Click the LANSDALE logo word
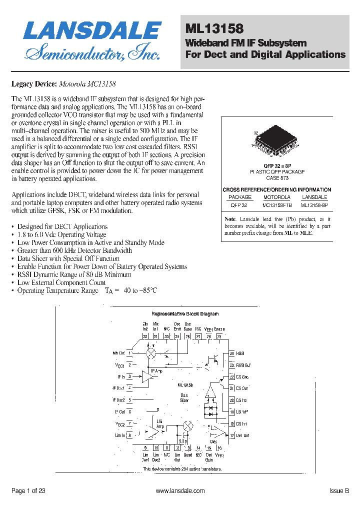point(92,31)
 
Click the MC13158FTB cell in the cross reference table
point(276,204)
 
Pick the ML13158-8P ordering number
point(314,204)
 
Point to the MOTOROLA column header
point(276,197)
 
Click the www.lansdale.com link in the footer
point(180,491)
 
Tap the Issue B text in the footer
point(339,491)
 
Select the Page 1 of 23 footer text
point(28,491)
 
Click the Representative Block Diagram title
point(185,314)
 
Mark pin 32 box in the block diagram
point(145,336)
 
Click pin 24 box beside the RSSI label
point(232,353)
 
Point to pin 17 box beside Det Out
point(232,435)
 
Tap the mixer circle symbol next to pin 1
point(150,353)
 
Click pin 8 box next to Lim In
point(130,435)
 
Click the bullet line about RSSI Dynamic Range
point(74,274)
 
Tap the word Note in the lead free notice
point(230,219)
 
